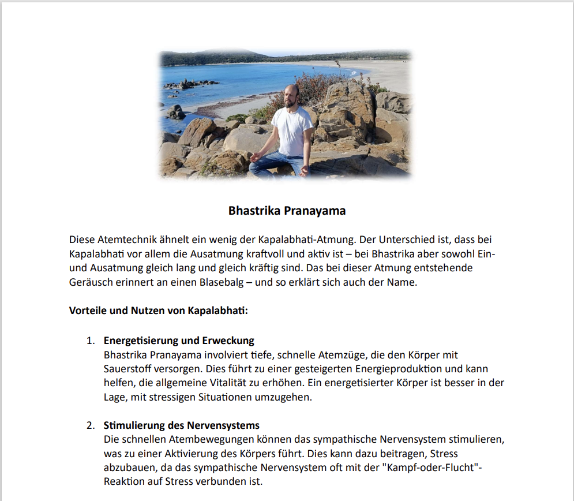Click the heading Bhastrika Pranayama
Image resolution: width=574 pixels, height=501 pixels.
coord(287,211)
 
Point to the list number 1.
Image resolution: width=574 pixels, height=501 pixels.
coord(91,341)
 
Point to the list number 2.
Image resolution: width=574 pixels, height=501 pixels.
coord(91,426)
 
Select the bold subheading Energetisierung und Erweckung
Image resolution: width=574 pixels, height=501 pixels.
coord(179,341)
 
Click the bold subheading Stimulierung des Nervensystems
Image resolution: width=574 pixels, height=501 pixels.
coord(182,426)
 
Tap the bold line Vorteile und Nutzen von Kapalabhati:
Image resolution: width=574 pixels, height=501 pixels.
coord(159,311)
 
